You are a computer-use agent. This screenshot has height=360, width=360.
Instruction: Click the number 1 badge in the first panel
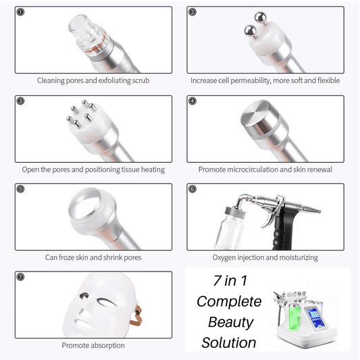pyautogui.click(x=20, y=12)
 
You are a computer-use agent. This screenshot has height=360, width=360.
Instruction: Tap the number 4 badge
pyautogui.click(x=192, y=101)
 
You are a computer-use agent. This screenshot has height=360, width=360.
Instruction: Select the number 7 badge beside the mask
pyautogui.click(x=20, y=277)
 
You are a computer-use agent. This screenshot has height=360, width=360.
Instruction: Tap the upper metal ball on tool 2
pyautogui.click(x=261, y=18)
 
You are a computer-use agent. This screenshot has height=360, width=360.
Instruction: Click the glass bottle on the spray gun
pyautogui.click(x=230, y=228)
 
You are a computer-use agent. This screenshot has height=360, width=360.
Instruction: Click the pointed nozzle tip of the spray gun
pyautogui.click(x=319, y=211)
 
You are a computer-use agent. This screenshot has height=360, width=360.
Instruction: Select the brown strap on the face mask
pyautogui.click(x=136, y=315)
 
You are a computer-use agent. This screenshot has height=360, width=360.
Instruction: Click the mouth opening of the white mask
pyautogui.click(x=83, y=324)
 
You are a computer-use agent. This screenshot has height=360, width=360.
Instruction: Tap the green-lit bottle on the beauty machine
pyautogui.click(x=294, y=316)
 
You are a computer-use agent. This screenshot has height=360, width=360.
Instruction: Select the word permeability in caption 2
pyautogui.click(x=250, y=80)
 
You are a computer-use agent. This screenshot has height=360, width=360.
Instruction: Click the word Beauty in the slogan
pyautogui.click(x=231, y=322)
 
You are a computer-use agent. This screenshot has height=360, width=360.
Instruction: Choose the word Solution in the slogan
pyautogui.click(x=229, y=342)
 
